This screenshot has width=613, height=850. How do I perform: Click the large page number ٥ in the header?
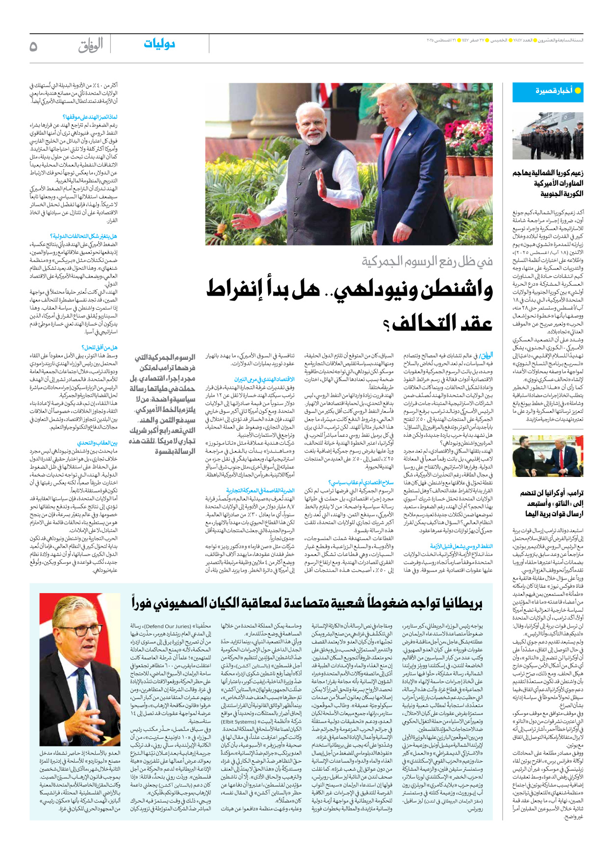(33, 46)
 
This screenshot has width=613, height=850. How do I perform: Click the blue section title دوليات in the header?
(159, 44)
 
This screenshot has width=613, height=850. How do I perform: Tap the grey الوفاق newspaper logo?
(91, 45)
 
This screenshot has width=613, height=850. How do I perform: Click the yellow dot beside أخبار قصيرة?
(578, 91)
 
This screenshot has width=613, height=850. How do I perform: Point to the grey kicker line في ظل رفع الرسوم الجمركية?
(427, 261)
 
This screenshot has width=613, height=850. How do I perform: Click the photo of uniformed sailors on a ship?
(548, 138)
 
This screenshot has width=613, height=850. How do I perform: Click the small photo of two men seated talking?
(548, 456)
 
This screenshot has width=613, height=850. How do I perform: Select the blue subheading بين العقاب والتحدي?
(97, 443)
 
